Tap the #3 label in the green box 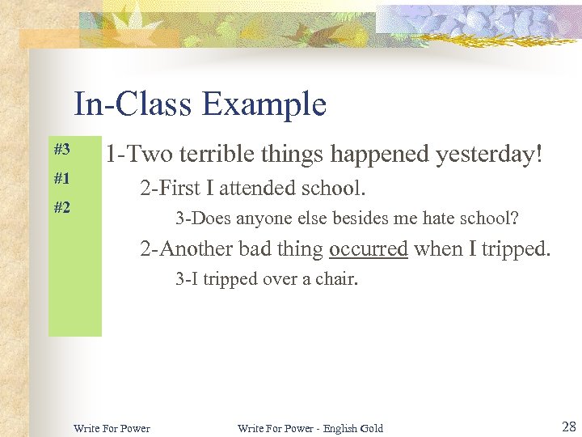tap(62, 149)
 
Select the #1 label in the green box tap(62, 178)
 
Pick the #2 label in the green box tap(62, 207)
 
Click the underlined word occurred tap(369, 249)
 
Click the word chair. tap(339, 280)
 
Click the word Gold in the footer tap(371, 428)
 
